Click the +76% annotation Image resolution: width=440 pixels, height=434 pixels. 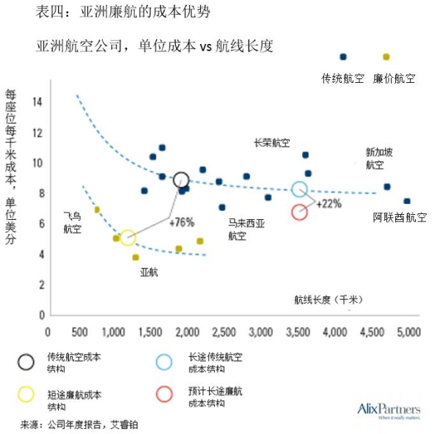[x=181, y=222]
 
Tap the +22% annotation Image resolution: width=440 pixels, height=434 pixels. [x=329, y=204]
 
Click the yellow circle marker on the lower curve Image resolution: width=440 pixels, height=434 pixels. [x=128, y=238]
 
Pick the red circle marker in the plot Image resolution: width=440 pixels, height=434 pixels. [x=299, y=212]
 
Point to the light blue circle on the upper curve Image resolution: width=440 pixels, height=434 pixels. [x=299, y=189]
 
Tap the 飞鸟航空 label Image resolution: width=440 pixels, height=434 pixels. [x=73, y=223]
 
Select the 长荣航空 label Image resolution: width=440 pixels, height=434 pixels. [x=271, y=143]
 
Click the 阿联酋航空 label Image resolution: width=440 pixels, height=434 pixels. [x=399, y=217]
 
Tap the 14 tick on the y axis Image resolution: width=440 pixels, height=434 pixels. [x=37, y=101]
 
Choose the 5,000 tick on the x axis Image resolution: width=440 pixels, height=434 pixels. [x=408, y=331]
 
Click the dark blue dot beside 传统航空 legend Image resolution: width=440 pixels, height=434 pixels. [x=342, y=57]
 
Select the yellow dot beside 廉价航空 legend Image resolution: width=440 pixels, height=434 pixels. [x=386, y=57]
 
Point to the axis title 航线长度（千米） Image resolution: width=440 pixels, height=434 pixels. [x=329, y=299]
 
